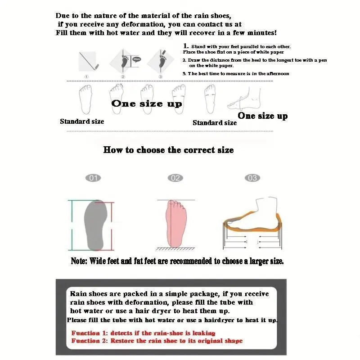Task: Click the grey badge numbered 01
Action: click(93, 178)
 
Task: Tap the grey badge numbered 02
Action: click(175, 178)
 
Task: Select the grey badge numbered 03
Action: click(252, 178)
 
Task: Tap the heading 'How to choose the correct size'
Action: click(168, 150)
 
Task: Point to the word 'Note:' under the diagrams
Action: click(80, 261)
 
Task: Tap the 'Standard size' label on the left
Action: click(82, 121)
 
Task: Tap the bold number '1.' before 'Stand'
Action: click(186, 46)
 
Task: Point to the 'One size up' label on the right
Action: click(262, 116)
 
